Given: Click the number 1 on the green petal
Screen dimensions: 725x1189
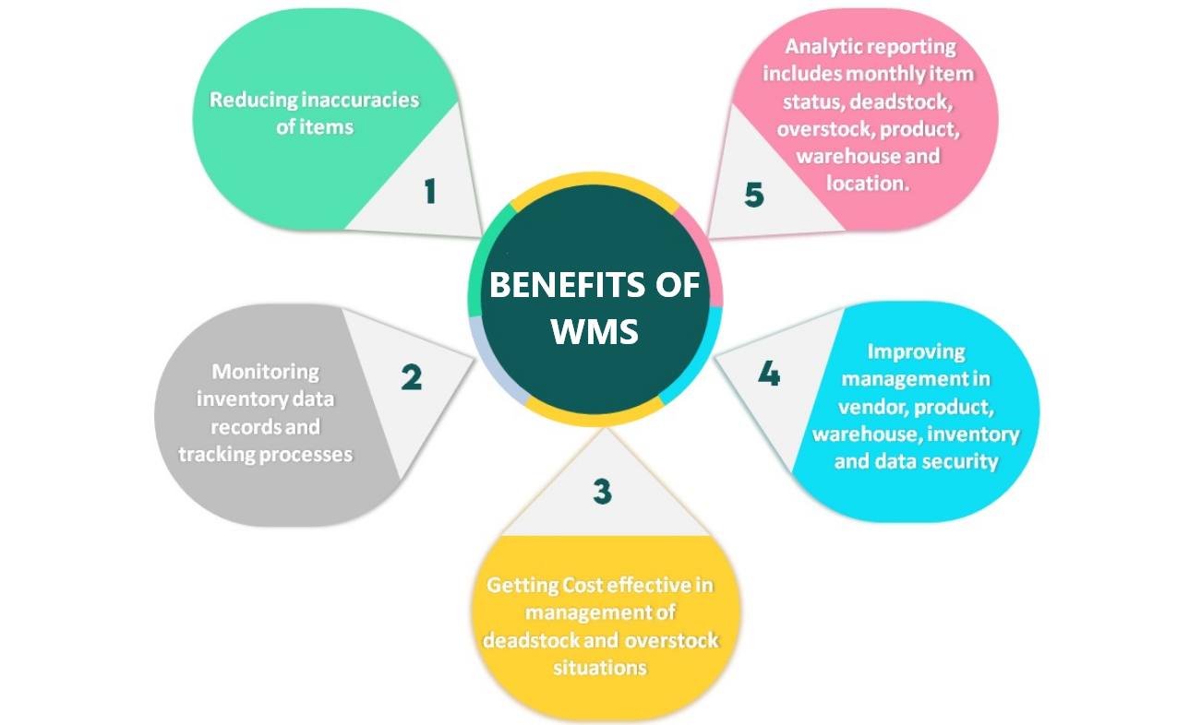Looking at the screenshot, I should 429,192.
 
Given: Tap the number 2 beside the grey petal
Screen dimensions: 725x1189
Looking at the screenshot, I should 411,377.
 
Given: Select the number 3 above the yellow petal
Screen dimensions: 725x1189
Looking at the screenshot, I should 602,492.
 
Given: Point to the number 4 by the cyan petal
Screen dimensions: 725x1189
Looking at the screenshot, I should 768,374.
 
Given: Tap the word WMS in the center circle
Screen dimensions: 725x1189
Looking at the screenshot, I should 594,331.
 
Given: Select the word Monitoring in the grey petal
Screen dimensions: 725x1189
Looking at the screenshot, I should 266,372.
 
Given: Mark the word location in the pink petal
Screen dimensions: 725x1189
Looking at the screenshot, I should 864,183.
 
